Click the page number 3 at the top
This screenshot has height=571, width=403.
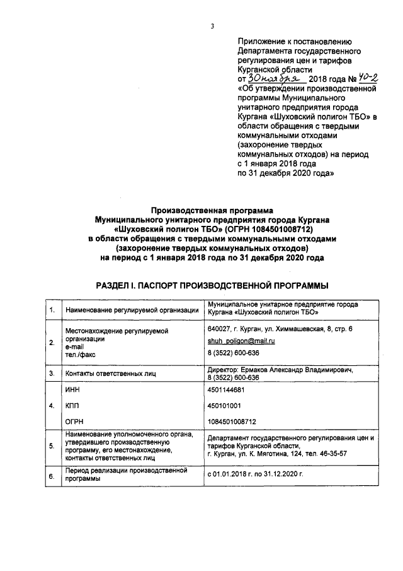pyautogui.click(x=213, y=26)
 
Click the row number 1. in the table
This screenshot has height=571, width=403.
pyautogui.click(x=52, y=310)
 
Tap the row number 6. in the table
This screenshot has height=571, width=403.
pyautogui.click(x=52, y=478)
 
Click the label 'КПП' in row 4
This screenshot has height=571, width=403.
pyautogui.click(x=73, y=406)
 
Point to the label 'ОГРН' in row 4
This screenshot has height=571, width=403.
pyautogui.click(x=74, y=421)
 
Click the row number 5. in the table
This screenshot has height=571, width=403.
pyautogui.click(x=52, y=448)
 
